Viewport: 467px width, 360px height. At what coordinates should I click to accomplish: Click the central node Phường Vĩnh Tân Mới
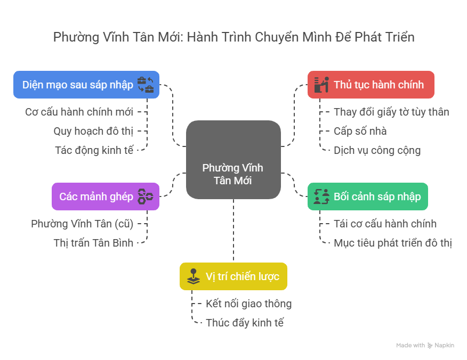point(233,160)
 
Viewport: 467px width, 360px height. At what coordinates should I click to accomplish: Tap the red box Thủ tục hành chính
point(371,85)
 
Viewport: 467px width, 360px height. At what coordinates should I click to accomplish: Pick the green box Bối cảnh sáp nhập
point(368,196)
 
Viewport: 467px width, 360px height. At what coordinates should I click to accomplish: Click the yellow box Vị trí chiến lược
point(233,276)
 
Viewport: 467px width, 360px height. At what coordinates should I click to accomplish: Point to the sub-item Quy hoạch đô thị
point(93,131)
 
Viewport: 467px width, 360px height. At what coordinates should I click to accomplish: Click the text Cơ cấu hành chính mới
point(79,112)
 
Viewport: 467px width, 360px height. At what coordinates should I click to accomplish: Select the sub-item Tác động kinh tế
point(94,150)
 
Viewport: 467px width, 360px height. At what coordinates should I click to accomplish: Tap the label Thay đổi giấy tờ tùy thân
point(391,112)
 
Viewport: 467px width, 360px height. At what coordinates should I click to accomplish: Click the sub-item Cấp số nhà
point(360,131)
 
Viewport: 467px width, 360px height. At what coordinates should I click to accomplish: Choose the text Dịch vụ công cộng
point(377,150)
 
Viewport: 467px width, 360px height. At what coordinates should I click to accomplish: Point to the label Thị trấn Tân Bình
point(93,243)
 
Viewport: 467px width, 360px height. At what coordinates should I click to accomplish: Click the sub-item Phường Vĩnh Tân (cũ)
point(82,224)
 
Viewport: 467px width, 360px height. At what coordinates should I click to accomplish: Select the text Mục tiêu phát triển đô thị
point(393,243)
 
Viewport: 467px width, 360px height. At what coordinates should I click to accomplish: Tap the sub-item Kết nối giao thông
point(248,304)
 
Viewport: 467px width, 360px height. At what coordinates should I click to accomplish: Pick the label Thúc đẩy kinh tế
point(245,323)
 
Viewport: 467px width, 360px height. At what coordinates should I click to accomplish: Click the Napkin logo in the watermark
point(430,346)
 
